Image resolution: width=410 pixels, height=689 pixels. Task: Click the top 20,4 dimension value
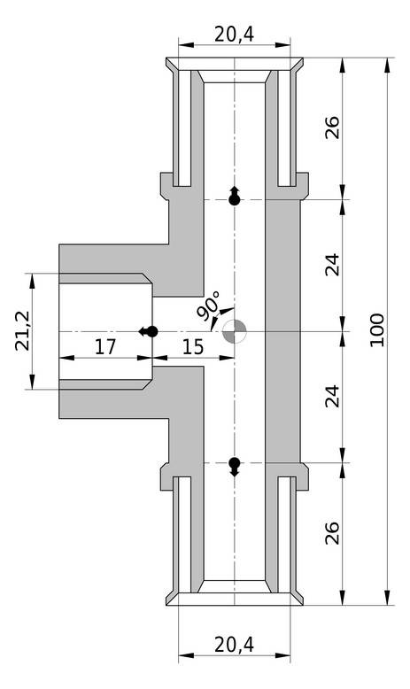(235, 34)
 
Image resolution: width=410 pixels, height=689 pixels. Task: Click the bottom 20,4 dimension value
(235, 645)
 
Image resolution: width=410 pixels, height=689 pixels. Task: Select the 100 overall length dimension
(376, 330)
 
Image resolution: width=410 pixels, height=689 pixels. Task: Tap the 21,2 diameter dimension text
(22, 330)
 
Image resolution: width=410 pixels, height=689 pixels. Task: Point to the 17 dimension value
(105, 347)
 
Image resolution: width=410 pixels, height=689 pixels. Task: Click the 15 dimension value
(193, 347)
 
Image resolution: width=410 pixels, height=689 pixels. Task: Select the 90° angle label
(208, 306)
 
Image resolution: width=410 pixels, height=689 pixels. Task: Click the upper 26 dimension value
(333, 128)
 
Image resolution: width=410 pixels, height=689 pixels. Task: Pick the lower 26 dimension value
(333, 533)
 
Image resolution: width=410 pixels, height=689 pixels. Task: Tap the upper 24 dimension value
(333, 265)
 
